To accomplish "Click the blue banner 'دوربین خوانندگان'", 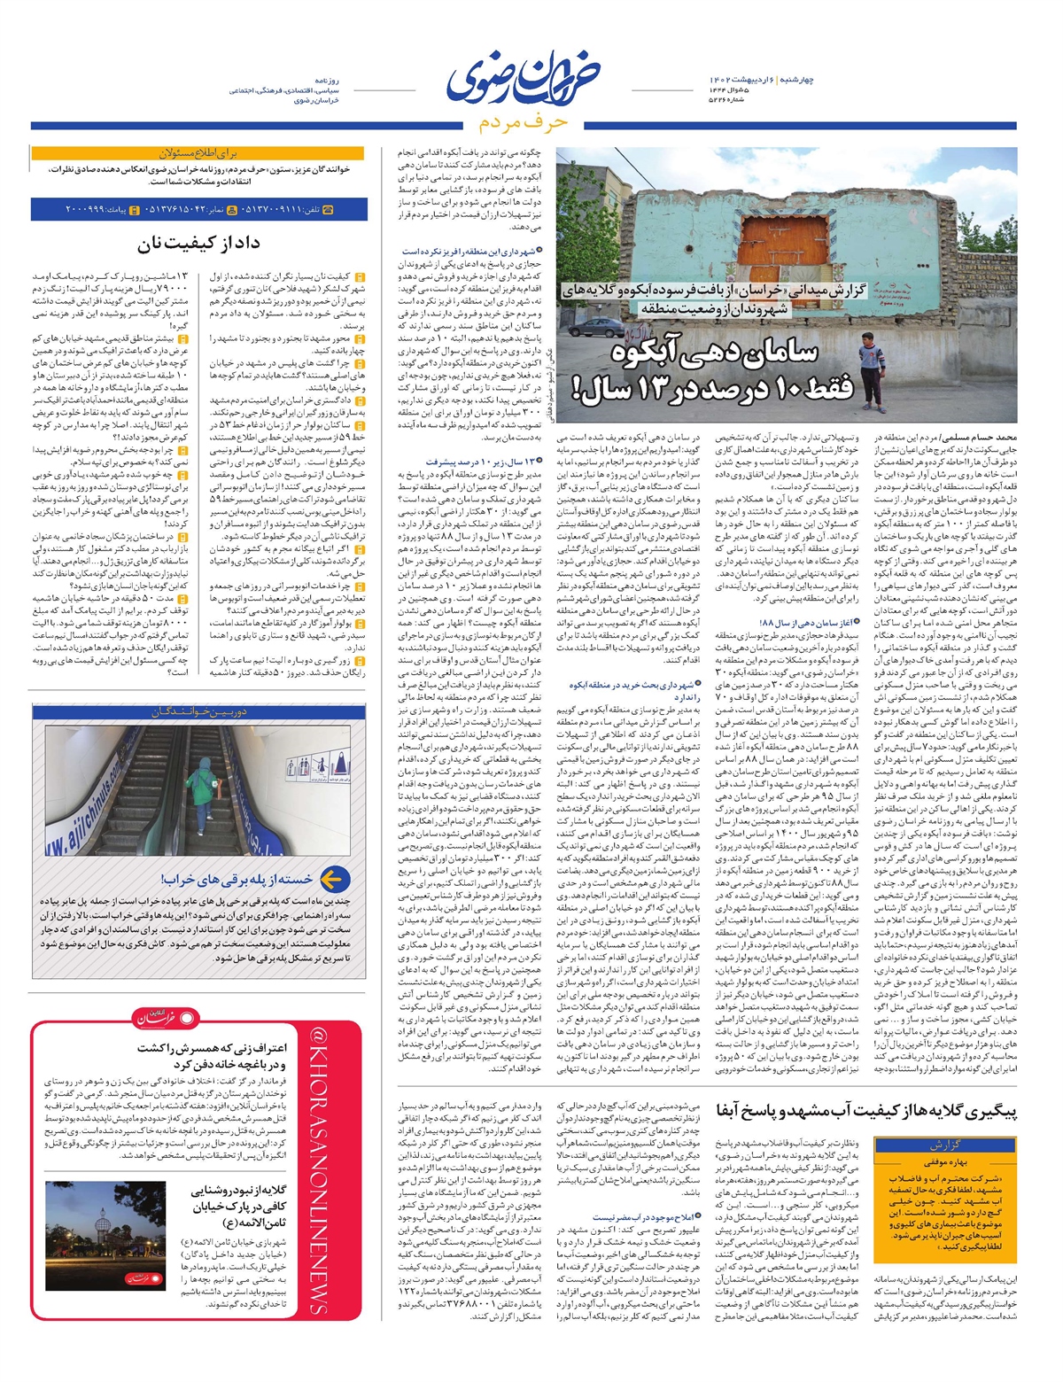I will pos(198,711).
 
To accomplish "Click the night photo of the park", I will pos(105,1236).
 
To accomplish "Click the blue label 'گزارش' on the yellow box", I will pos(944,1144).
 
